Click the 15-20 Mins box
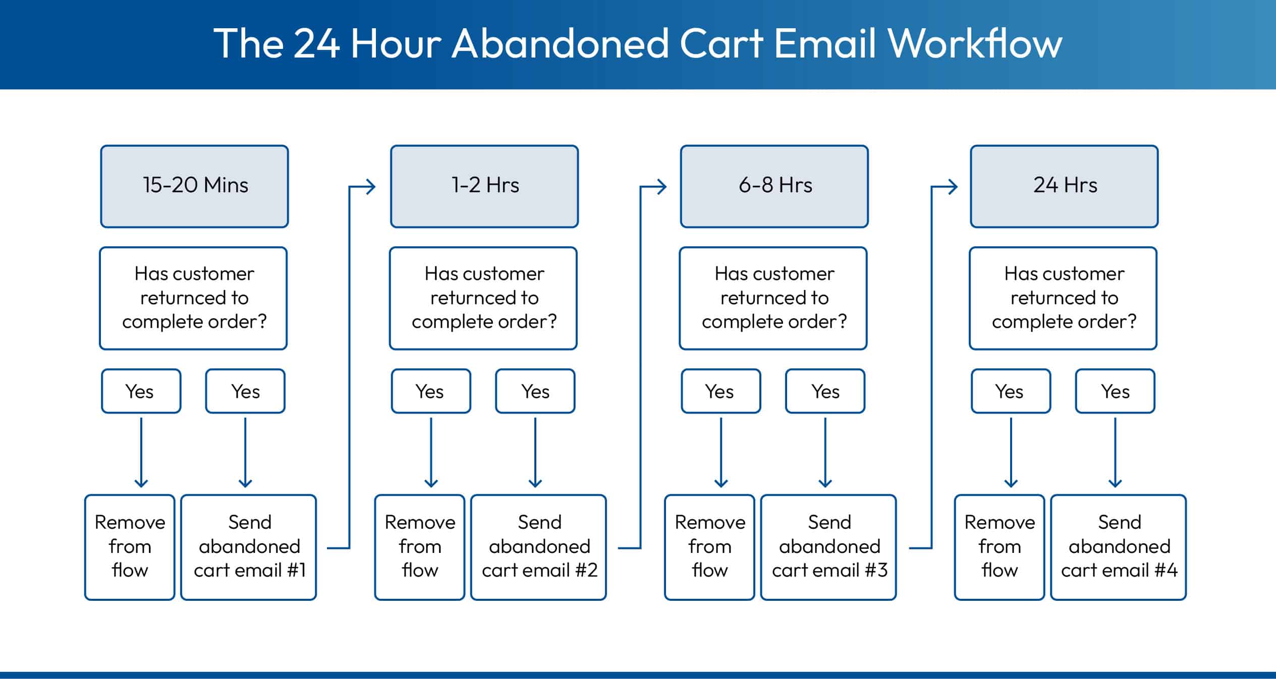tap(194, 186)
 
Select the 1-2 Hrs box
tap(484, 186)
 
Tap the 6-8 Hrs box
tap(774, 186)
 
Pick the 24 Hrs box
tap(1064, 186)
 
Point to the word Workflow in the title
tap(974, 44)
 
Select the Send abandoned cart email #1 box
tap(249, 547)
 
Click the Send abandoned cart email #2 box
tap(538, 547)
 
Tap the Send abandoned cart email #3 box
tap(828, 547)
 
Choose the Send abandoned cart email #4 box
tap(1118, 547)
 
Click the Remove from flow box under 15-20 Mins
tap(130, 547)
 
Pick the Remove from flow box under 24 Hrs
tap(999, 547)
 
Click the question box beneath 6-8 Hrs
tap(773, 298)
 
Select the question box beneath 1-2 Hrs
tap(483, 298)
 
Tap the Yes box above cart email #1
tap(245, 391)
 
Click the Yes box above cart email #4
tap(1115, 391)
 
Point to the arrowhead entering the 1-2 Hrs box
tap(371, 187)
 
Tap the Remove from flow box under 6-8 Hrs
tap(709, 547)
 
